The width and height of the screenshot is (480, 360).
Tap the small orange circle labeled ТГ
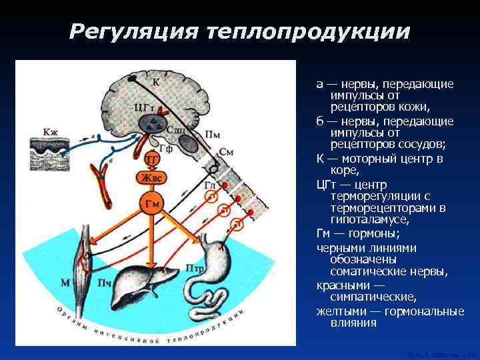pyautogui.click(x=152, y=159)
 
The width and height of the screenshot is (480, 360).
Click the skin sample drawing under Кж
pyautogui.click(x=51, y=153)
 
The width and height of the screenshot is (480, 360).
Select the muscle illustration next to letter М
pyautogui.click(x=85, y=253)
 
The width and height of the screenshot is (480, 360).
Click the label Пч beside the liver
pyautogui.click(x=105, y=283)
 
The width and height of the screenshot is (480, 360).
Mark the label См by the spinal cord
pyautogui.click(x=226, y=151)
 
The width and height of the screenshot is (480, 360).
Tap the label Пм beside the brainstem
pyautogui.click(x=213, y=134)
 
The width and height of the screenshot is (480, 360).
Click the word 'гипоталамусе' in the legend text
pyautogui.click(x=363, y=219)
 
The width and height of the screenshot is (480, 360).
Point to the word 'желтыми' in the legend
pyautogui.click(x=341, y=311)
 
